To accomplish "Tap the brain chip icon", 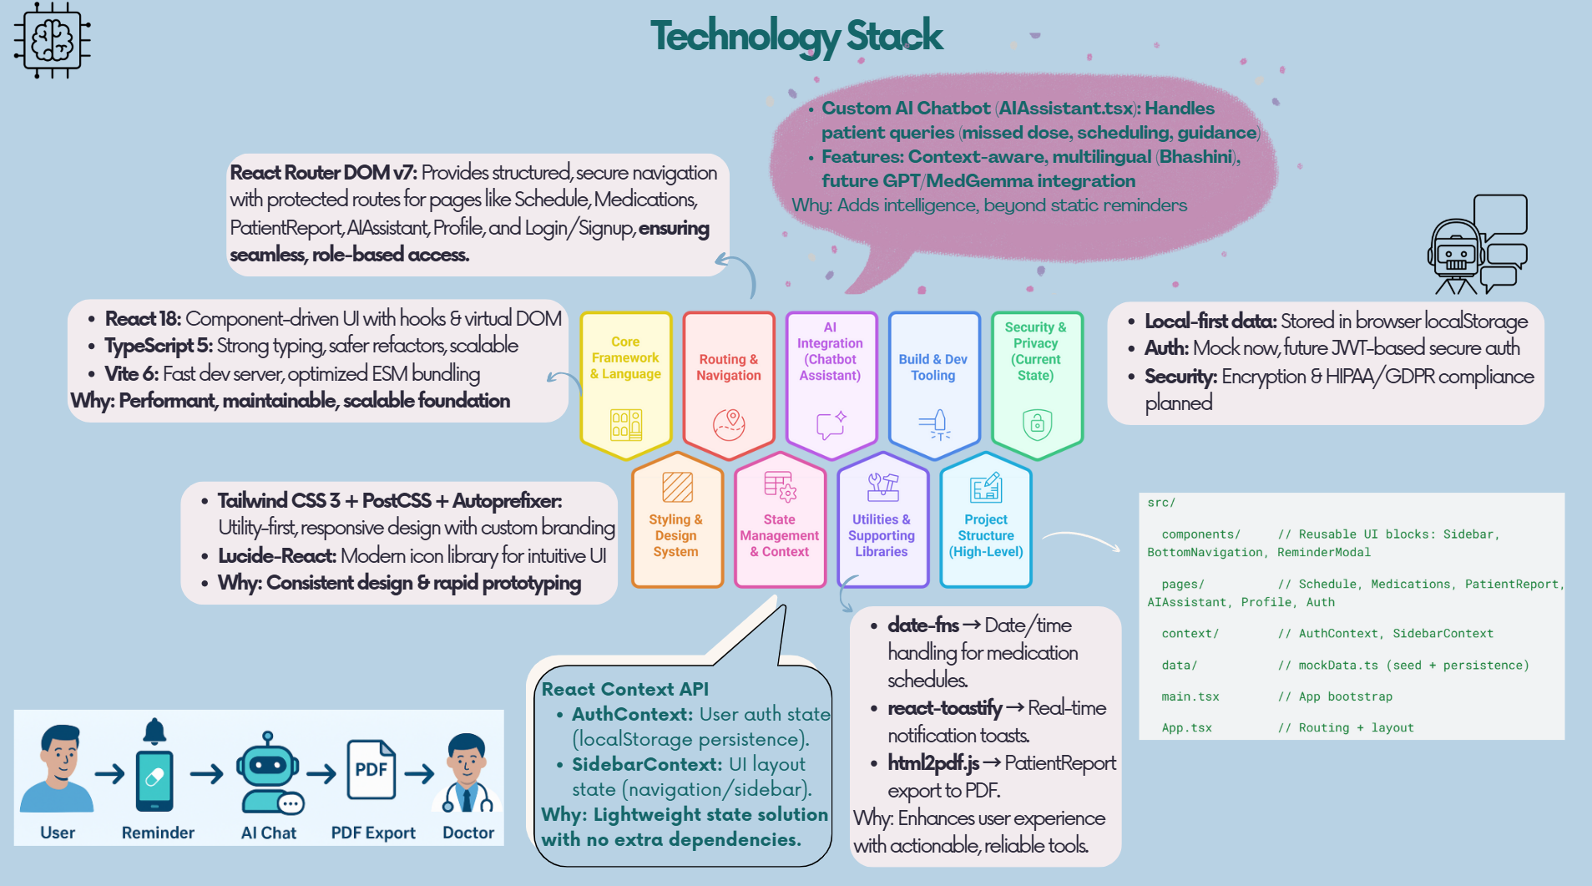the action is [52, 40].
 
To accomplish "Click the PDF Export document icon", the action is [371, 769].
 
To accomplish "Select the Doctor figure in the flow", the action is [467, 773].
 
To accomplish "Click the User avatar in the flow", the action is [57, 769].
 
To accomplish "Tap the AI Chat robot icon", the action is [270, 773].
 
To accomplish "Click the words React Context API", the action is [624, 689].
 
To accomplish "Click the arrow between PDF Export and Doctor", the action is [420, 773].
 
